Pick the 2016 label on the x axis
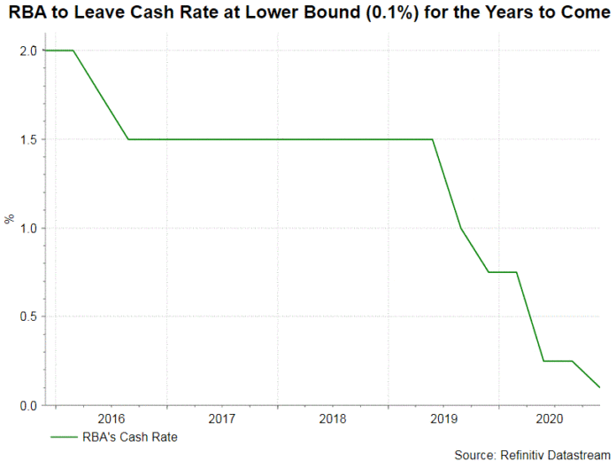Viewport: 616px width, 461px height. click(112, 418)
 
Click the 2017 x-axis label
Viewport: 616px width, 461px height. click(222, 418)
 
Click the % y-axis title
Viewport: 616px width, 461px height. click(10, 219)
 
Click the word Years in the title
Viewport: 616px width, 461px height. click(506, 15)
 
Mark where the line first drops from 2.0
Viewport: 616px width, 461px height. click(73, 51)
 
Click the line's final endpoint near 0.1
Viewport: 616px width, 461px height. click(599, 387)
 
